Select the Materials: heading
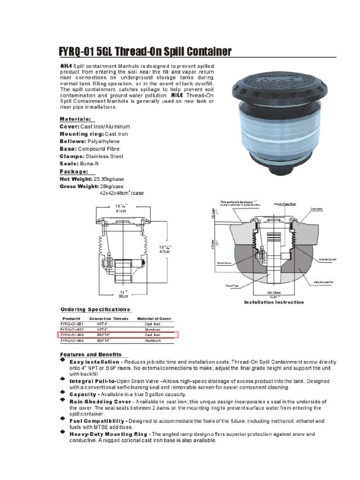[x=75, y=119]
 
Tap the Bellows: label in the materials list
[x=72, y=141]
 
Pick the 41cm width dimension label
[x=121, y=211]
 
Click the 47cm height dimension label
[x=165, y=251]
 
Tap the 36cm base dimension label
[x=122, y=296]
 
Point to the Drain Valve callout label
[x=225, y=263]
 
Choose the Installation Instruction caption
[x=273, y=302]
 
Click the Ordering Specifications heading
[x=95, y=309]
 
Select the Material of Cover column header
[x=154, y=319]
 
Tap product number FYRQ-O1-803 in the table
[x=72, y=335]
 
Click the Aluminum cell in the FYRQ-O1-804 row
[x=152, y=341]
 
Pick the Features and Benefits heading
[x=90, y=354]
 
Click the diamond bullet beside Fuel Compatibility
[x=63, y=421]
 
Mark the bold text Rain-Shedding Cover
[x=100, y=402]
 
